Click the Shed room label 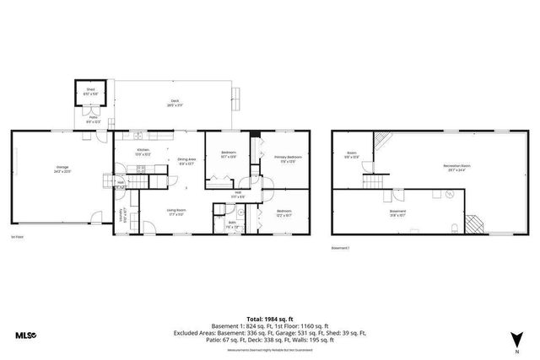pos(90,90)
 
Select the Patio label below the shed pos(94,120)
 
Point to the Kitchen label pos(144,152)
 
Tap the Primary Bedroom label pos(287,159)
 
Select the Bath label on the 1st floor pos(231,224)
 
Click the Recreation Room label pos(457,167)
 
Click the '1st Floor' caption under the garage pos(17,239)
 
